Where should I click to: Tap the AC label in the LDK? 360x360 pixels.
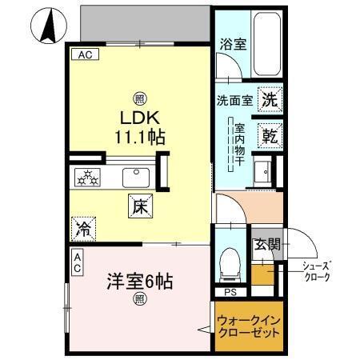[x=84, y=55]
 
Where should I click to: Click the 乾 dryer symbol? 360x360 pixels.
[x=268, y=135]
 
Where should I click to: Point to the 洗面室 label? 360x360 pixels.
[x=234, y=101]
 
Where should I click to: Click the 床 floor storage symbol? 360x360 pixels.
[x=138, y=206]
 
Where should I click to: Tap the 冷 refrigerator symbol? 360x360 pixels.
[x=83, y=229]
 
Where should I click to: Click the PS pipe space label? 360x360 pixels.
[x=230, y=292]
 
